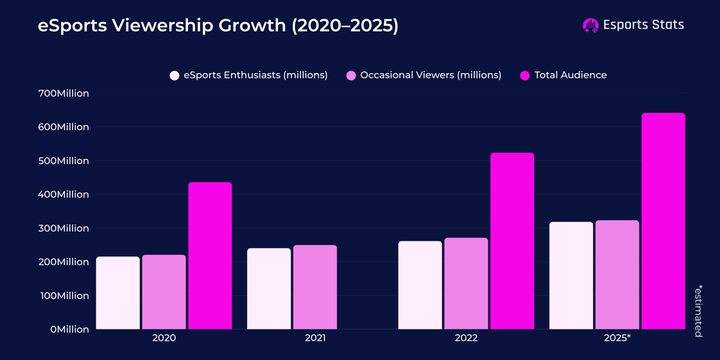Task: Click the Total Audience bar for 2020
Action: [210, 255]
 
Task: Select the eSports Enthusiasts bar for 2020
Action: [118, 292]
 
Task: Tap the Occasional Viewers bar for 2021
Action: [315, 287]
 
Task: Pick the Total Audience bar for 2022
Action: [512, 241]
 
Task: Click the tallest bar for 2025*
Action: [663, 221]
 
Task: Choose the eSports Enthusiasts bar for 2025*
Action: [571, 275]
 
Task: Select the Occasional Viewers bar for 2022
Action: [466, 283]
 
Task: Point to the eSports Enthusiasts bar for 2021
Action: [269, 288]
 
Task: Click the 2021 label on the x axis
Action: [315, 338]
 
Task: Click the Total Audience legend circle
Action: [525, 75]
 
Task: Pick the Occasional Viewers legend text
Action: [430, 75]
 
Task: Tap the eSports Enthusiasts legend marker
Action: [174, 75]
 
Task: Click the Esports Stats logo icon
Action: [590, 25]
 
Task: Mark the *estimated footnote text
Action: [698, 310]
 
